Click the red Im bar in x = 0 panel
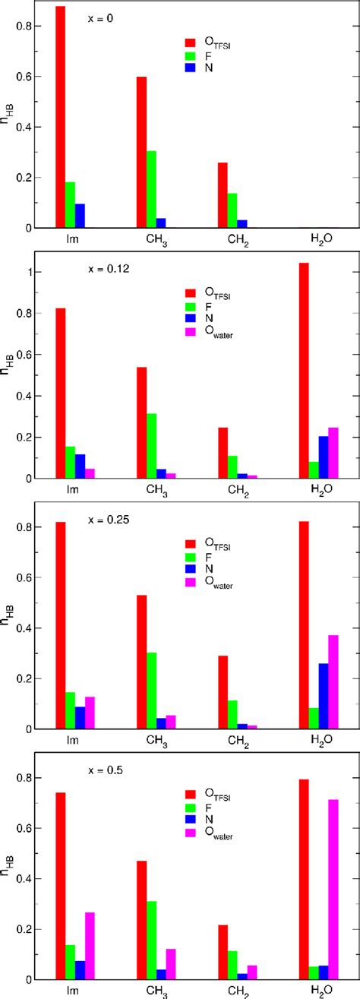pyautogui.click(x=61, y=117)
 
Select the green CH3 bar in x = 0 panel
pyautogui.click(x=151, y=189)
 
